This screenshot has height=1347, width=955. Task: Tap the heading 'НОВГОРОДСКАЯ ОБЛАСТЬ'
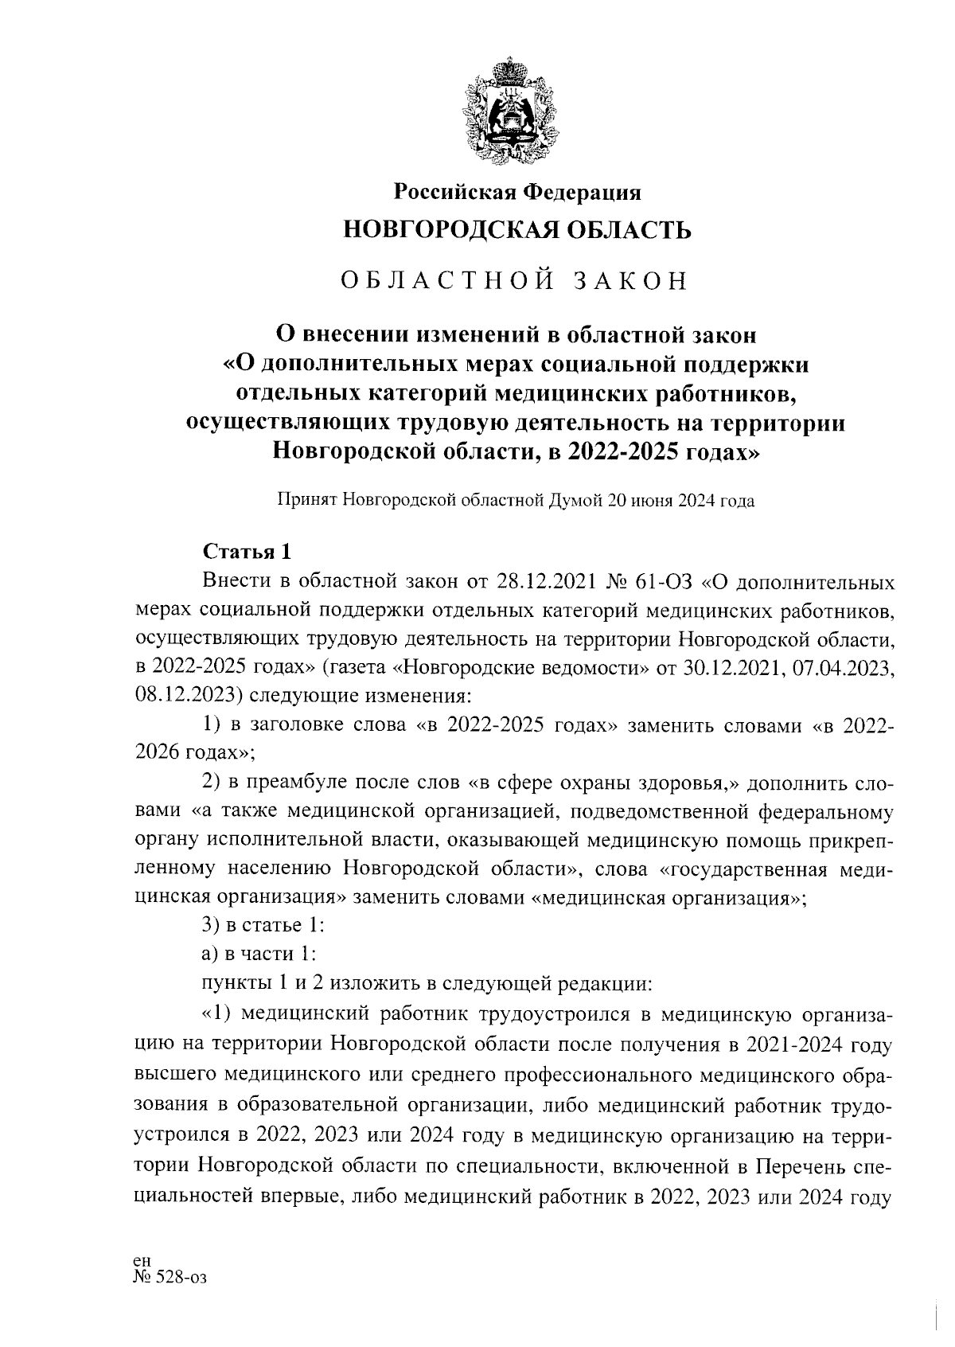516,231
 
